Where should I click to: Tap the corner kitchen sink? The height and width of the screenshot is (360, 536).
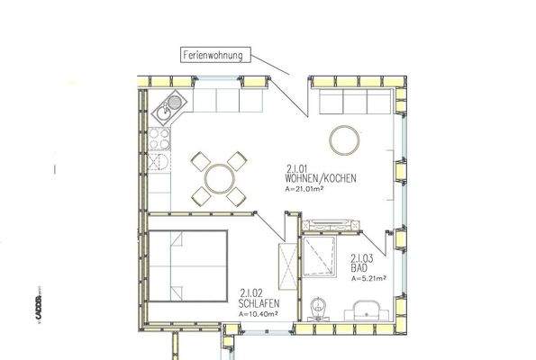pos(167,110)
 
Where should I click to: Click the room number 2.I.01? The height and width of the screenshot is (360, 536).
pos(297,167)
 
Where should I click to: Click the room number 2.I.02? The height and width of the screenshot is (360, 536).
pos(252,292)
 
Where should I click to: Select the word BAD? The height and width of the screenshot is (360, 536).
pos(358,268)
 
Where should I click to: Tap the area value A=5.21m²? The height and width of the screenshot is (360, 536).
pos(368,278)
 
